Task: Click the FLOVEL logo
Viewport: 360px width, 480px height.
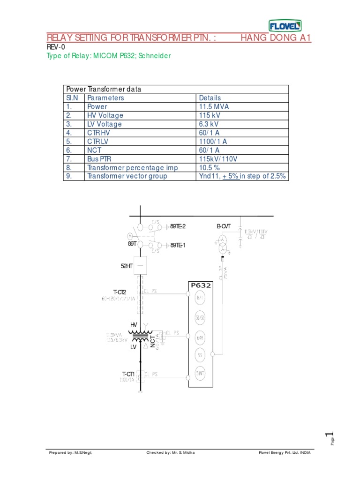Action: (x=285, y=26)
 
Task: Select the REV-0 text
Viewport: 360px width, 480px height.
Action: (x=55, y=47)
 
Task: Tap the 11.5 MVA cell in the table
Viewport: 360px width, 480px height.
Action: (x=214, y=106)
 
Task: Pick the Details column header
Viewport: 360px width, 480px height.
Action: (x=210, y=98)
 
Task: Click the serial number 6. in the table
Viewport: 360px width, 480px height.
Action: (x=68, y=150)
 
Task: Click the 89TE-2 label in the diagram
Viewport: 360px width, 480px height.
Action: (x=178, y=226)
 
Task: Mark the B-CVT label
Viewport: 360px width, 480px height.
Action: (x=223, y=226)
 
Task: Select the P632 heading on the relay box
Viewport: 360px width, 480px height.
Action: (x=201, y=285)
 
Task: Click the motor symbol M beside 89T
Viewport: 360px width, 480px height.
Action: (x=130, y=236)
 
